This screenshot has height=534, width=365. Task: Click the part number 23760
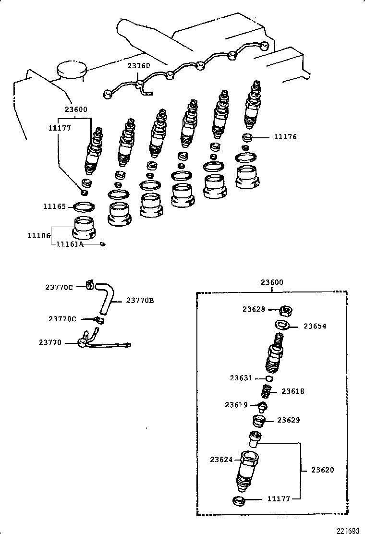(138, 66)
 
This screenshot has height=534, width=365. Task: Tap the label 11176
(285, 137)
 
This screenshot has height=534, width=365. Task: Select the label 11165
(54, 206)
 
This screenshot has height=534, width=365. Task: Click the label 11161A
(70, 244)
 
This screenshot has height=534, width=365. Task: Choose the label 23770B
(140, 301)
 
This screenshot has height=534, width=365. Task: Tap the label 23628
(254, 309)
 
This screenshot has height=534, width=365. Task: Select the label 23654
(315, 326)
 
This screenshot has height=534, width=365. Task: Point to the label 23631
(241, 378)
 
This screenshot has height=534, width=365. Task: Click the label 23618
(293, 391)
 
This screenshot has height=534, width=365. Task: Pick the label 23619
(236, 405)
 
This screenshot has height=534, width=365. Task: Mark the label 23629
(289, 420)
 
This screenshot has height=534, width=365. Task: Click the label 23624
(221, 460)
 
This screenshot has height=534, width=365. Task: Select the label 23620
(322, 470)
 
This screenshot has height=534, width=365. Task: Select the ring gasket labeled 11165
(83, 207)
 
